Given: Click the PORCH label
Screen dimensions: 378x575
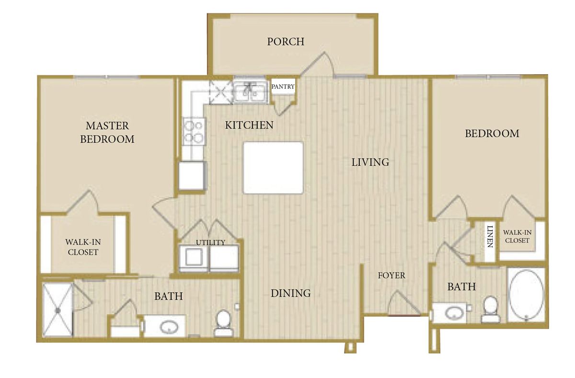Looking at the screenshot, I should [x=286, y=42].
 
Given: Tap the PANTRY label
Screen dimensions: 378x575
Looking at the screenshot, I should [x=283, y=87].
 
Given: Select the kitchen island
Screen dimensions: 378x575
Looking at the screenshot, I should [x=273, y=167].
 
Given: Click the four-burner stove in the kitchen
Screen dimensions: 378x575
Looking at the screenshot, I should [x=194, y=131].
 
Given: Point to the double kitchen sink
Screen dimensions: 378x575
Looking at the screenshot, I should [x=251, y=91].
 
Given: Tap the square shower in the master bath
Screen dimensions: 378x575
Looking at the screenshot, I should [x=57, y=310].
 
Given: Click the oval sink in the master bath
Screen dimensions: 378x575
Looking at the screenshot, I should [x=168, y=328].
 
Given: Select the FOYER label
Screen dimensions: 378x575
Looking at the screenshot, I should [x=391, y=275].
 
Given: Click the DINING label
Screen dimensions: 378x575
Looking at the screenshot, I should [x=291, y=293].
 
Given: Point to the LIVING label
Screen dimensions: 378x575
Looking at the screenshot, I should [x=370, y=162].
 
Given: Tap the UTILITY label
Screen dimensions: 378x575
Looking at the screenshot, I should [x=210, y=242].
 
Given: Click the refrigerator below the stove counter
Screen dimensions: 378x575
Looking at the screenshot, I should [x=192, y=175].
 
